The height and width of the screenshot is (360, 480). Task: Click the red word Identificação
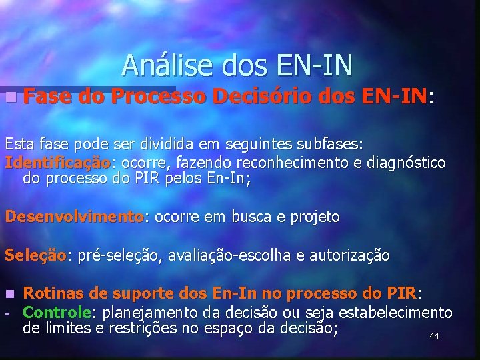(x=57, y=163)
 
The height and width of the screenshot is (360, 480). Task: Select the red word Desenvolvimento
(x=73, y=217)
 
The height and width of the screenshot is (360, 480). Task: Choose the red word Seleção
(x=35, y=255)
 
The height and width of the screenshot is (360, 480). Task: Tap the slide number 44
(x=434, y=337)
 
